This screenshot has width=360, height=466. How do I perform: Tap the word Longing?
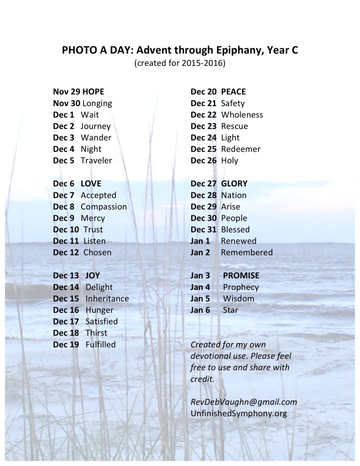pos(97,103)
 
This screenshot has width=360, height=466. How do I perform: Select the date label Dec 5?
pos(64,160)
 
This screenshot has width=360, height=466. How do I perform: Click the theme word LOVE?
pos(91,183)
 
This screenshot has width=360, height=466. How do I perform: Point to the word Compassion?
pos(104,206)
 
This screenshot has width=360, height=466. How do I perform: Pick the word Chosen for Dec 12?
pos(97,252)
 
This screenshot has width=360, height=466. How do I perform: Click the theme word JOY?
pos(93,275)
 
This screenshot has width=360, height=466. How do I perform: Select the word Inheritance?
pos(107,299)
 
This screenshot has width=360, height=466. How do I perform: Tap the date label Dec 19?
pos(66,344)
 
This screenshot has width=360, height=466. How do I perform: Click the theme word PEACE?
pos(234,92)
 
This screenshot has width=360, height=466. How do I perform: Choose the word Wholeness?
pos(241,115)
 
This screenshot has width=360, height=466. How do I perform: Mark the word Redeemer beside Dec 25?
pos(240,149)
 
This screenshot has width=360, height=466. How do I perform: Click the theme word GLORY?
pos(234,183)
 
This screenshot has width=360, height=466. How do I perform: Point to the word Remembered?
pos(246,252)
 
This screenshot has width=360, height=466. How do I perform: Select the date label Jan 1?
pos(200,241)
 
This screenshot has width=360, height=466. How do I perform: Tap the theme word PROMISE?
pos(241,275)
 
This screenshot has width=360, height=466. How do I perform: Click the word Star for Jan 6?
pos(231,310)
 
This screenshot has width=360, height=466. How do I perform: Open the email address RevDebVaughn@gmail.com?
pos(243,402)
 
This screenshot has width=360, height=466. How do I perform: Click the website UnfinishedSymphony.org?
pos(239,413)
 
